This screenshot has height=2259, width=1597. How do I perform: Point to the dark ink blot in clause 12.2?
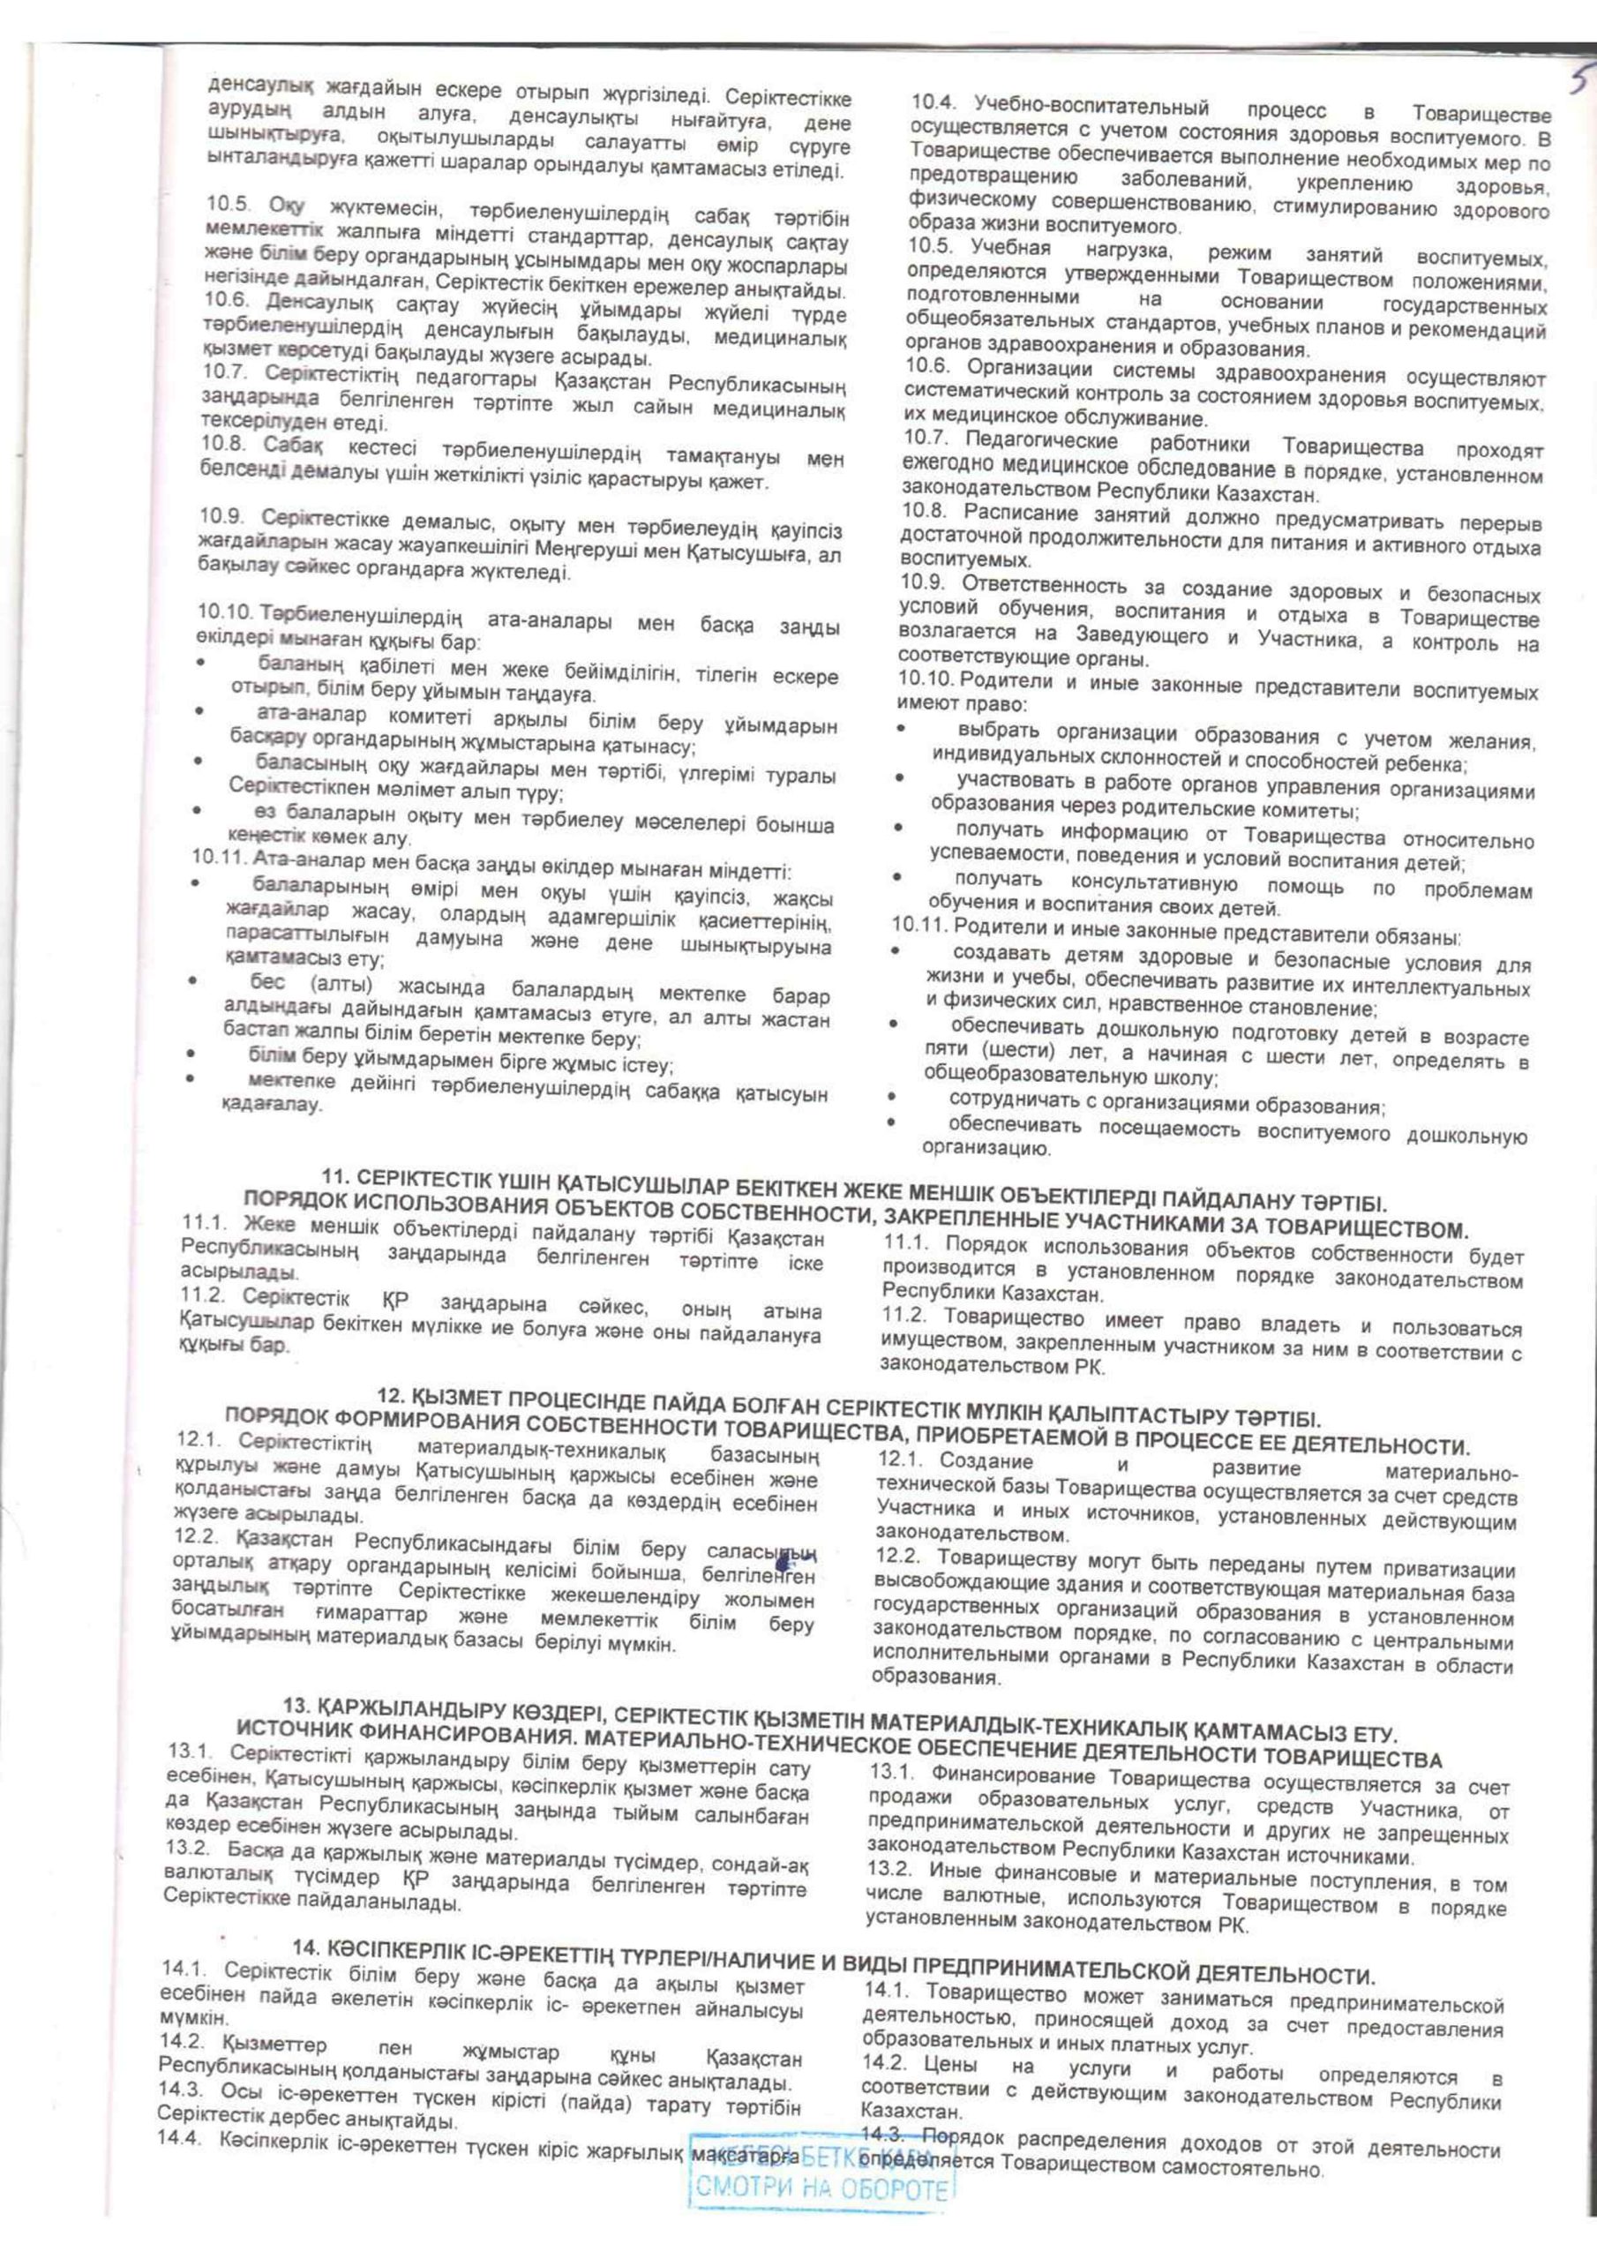coord(786,1561)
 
